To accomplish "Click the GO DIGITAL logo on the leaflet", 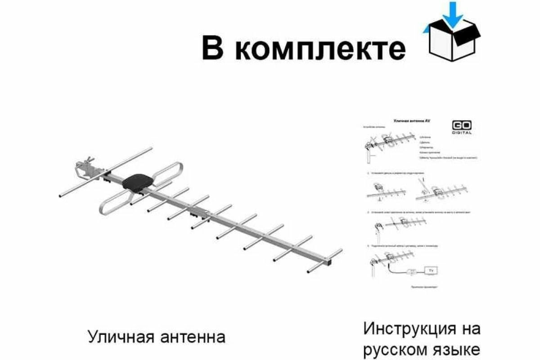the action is tap(462, 127).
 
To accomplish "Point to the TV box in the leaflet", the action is tap(432, 270).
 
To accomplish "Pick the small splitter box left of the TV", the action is tap(411, 271).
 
